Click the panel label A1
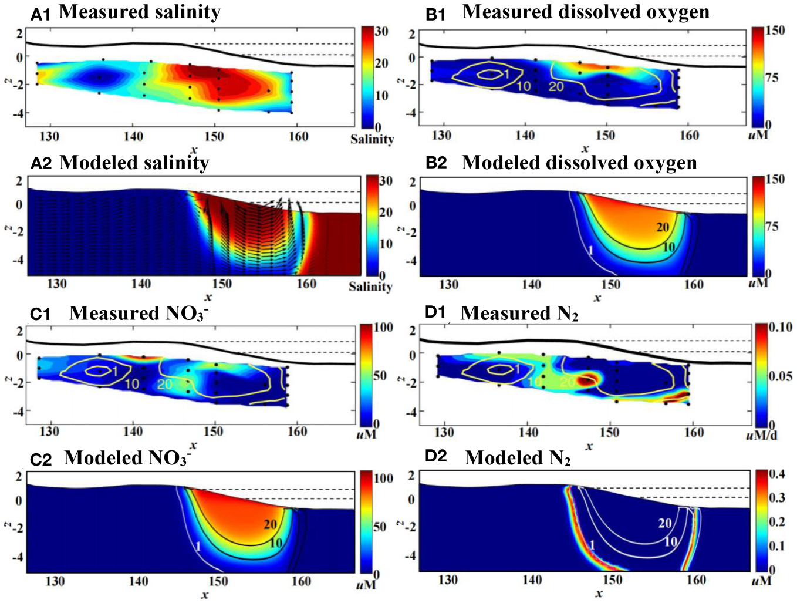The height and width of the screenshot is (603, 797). pyautogui.click(x=40, y=14)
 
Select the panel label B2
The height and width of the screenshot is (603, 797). pyautogui.click(x=436, y=163)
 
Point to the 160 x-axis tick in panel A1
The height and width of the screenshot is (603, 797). pyautogui.click(x=298, y=136)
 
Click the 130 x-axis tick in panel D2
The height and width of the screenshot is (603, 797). pyautogui.click(x=448, y=580)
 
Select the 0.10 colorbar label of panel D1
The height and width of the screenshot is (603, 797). pyautogui.click(x=780, y=327)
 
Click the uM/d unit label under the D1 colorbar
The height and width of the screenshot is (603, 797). pyautogui.click(x=761, y=435)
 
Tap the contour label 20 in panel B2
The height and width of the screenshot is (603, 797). pyautogui.click(x=663, y=227)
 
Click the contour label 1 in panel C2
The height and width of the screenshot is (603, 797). pyautogui.click(x=198, y=547)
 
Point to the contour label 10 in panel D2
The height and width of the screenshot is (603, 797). pyautogui.click(x=670, y=542)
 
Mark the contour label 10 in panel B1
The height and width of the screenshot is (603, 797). pyautogui.click(x=523, y=86)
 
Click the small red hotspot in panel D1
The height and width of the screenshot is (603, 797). pyautogui.click(x=586, y=380)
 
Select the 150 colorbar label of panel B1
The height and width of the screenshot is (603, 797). pyautogui.click(x=775, y=31)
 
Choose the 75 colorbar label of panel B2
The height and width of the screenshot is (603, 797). pyautogui.click(x=772, y=227)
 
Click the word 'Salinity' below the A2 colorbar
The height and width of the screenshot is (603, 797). pyautogui.click(x=370, y=287)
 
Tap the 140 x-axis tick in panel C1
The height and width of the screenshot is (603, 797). pyautogui.click(x=133, y=432)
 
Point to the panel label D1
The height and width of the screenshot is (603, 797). pyautogui.click(x=435, y=312)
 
